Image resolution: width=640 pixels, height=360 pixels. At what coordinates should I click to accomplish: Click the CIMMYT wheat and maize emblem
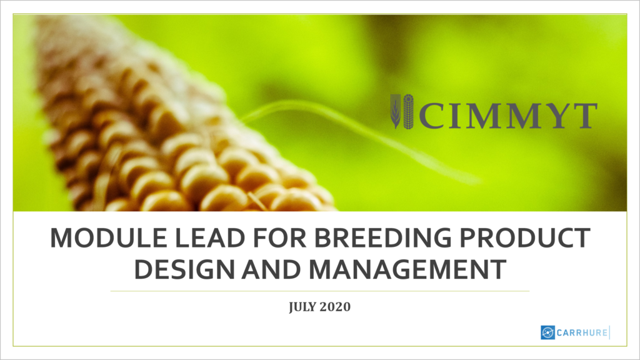[402, 111]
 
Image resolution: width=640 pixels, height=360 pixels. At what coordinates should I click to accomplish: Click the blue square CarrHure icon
[547, 332]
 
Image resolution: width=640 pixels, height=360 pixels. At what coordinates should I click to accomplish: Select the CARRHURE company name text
[581, 332]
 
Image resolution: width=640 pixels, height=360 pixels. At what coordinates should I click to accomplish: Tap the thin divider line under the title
[319, 291]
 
